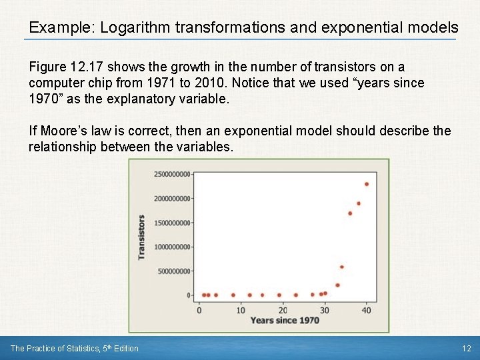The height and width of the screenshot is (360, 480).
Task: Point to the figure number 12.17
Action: (87, 67)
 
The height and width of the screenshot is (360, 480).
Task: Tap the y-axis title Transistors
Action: (141, 237)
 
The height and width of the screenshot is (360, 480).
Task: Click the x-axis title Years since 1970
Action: (284, 321)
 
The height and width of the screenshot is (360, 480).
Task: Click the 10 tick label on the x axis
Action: (241, 310)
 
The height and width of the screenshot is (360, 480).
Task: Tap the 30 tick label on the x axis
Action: (325, 310)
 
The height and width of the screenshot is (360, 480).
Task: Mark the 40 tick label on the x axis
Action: (367, 310)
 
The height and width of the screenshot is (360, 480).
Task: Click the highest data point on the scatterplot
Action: (367, 184)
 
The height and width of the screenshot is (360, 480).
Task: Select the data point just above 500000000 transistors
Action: (342, 267)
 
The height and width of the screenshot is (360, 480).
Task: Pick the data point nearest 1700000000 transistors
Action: (350, 213)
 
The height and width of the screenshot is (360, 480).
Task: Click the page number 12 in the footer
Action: (466, 348)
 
